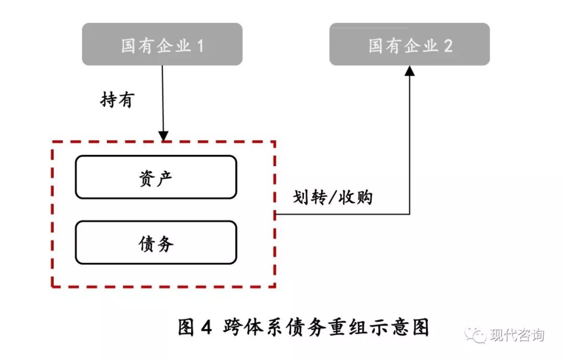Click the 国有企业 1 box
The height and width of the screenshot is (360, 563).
tap(162, 45)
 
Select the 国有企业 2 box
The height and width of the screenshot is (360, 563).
tap(409, 45)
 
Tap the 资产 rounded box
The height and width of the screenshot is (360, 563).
tap(156, 178)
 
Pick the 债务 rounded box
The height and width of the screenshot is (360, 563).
tap(156, 243)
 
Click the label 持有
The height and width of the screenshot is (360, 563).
tap(117, 100)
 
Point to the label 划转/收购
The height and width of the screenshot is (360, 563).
tap(333, 197)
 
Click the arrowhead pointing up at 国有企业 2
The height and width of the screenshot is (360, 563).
tap(410, 70)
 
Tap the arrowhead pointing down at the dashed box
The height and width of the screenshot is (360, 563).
tap(164, 136)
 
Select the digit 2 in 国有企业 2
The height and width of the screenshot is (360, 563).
tap(447, 46)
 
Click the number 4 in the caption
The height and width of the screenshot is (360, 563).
tap(206, 328)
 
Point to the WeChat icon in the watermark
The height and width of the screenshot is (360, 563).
tap(475, 335)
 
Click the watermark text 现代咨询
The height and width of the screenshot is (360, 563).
tap(517, 335)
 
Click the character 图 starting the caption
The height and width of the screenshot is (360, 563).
tap(187, 328)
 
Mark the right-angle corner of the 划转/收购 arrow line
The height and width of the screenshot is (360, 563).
tap(410, 214)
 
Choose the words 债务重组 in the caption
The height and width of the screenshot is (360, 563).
tap(324, 328)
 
